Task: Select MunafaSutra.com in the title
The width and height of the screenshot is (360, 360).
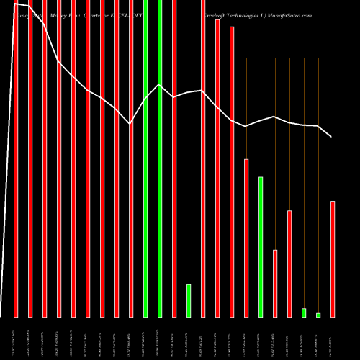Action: [290, 14]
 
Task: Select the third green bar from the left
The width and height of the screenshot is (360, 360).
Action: [189, 300]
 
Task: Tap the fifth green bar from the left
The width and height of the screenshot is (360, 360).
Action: [304, 312]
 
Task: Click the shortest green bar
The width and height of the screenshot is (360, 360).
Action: [318, 315]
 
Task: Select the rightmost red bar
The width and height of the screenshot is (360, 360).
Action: [333, 258]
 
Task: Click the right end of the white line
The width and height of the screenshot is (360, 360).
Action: [332, 136]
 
